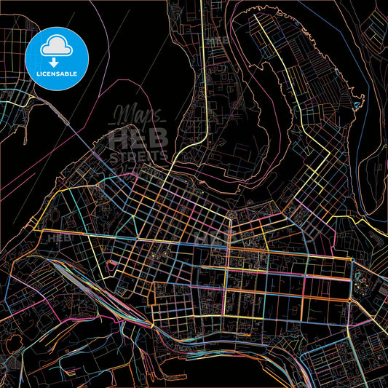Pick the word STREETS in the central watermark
click(138, 155)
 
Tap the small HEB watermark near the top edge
click(217, 40)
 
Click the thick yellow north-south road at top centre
click(201, 73)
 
